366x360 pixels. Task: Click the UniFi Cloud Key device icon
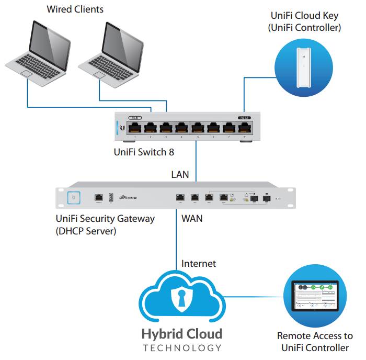click(x=304, y=67)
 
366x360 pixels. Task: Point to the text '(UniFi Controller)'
click(x=304, y=27)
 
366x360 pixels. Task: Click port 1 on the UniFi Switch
click(x=135, y=127)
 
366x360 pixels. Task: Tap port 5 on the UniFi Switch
click(x=198, y=127)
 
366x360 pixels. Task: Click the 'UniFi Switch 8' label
click(x=144, y=153)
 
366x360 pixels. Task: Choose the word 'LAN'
click(x=180, y=174)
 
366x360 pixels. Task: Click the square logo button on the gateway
click(x=74, y=197)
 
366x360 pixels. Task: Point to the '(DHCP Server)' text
click(x=87, y=231)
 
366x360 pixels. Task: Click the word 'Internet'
click(x=198, y=264)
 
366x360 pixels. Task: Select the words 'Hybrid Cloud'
click(x=181, y=334)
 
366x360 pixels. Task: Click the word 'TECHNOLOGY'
click(x=181, y=348)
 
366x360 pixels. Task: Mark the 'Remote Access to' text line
click(x=315, y=336)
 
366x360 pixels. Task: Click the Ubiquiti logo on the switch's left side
click(x=122, y=127)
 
